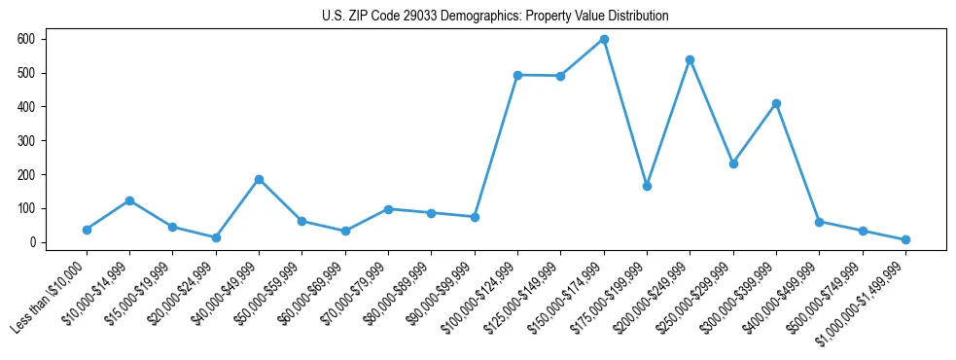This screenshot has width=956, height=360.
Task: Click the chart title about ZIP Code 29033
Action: [x=495, y=17]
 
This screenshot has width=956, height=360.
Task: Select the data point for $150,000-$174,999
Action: [x=604, y=39]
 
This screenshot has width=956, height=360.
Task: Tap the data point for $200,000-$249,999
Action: [x=690, y=59]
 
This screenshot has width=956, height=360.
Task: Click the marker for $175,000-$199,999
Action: [x=647, y=186]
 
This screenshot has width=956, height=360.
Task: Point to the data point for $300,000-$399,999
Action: [x=776, y=103]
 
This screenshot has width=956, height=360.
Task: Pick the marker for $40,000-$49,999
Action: [x=259, y=179]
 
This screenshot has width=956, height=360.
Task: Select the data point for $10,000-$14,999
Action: [x=129, y=200]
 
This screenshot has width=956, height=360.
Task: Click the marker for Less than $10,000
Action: [x=87, y=230]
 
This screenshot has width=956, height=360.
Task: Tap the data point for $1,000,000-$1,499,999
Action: [x=905, y=239]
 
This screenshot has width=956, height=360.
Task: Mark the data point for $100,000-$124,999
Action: [x=517, y=75]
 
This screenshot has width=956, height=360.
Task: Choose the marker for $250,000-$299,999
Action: [x=733, y=163]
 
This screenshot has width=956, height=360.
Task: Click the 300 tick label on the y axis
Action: [x=26, y=140]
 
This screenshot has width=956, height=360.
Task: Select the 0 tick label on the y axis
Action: [x=32, y=242]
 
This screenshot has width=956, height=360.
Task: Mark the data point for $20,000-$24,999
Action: [x=216, y=237]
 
